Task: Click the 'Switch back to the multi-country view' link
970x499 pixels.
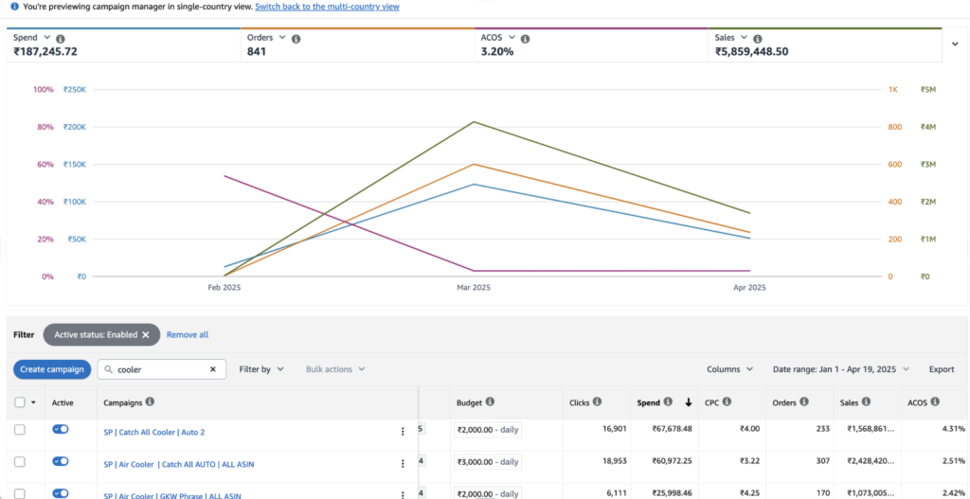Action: point(327,7)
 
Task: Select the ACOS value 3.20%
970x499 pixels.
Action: point(497,52)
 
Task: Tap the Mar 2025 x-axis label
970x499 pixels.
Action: point(474,288)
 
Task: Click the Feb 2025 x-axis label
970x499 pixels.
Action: point(225,288)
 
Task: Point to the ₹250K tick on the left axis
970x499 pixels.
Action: point(74,90)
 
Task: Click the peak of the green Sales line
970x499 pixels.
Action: point(474,121)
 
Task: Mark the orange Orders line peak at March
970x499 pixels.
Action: point(474,164)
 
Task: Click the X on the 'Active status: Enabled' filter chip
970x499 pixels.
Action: point(146,335)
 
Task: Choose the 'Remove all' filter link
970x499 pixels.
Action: point(188,335)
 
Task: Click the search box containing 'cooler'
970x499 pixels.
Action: point(157,369)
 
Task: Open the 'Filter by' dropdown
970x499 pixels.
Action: point(261,369)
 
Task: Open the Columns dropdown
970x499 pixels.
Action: point(729,369)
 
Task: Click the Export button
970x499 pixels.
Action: point(941,369)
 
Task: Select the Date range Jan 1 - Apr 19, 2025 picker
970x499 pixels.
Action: point(840,369)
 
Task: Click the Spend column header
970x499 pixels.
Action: point(649,402)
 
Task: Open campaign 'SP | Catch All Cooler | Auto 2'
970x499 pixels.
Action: point(153,431)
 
